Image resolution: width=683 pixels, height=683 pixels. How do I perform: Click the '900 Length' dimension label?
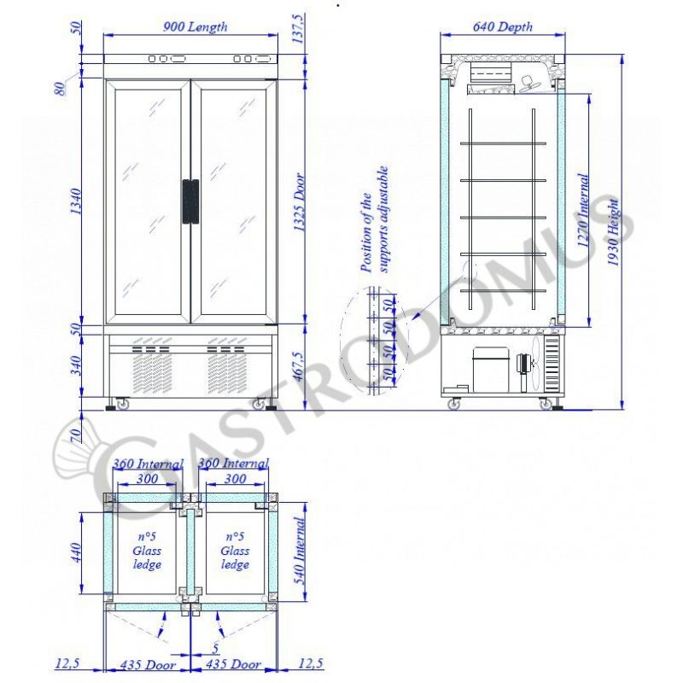click(x=195, y=27)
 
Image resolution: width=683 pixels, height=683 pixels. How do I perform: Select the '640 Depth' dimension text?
click(x=502, y=27)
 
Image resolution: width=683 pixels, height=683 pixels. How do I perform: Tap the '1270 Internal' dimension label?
click(x=583, y=210)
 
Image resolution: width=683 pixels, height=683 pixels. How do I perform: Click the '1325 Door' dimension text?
click(x=299, y=202)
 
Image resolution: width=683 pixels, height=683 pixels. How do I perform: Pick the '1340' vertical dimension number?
click(x=76, y=201)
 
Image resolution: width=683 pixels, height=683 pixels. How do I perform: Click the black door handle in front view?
click(x=190, y=201)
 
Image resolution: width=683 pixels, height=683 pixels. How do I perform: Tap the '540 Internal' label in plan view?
click(x=300, y=551)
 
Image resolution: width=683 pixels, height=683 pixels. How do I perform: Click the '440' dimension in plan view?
click(x=76, y=552)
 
